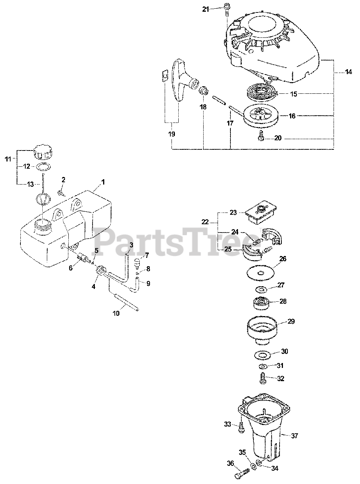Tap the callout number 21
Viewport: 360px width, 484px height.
tap(205, 9)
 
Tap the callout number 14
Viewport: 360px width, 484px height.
tap(348, 72)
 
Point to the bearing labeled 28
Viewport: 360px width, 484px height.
tap(260, 303)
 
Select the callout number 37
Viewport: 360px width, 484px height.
tap(295, 436)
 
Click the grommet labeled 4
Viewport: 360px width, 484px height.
tap(100, 271)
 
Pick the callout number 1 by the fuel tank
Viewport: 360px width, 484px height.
tap(103, 182)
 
